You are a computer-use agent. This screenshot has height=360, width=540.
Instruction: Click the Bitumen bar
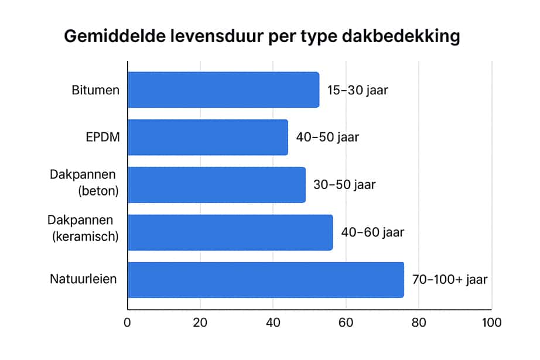pos(223,90)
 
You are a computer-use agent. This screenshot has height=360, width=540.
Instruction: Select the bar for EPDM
pos(207,138)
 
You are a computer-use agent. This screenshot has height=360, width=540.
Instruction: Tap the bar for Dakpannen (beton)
pos(216,185)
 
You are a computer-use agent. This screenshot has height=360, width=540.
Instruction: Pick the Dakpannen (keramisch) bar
pos(230,232)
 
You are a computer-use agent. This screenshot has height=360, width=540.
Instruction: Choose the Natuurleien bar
pos(265,280)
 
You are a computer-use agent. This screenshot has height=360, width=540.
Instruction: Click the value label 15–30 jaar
pos(358,90)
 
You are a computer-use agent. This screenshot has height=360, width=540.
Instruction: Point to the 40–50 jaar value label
pos(327,138)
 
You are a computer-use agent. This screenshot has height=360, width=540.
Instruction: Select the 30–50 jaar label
pos(344,185)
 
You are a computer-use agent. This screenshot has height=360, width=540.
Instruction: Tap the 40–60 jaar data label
pos(372,232)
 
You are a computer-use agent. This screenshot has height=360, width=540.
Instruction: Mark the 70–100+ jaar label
pos(450,280)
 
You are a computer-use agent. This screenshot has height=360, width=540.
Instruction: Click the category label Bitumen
pos(95,90)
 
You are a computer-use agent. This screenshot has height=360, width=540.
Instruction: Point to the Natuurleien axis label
pos(83,279)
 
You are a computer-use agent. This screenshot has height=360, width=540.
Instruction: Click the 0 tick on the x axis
pos(127,323)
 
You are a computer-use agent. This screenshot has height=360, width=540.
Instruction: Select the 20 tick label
pos(200,323)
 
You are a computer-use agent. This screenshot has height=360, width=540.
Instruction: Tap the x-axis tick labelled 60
pos(346,323)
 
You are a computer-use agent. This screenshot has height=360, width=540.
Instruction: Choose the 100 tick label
pos(491,323)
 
